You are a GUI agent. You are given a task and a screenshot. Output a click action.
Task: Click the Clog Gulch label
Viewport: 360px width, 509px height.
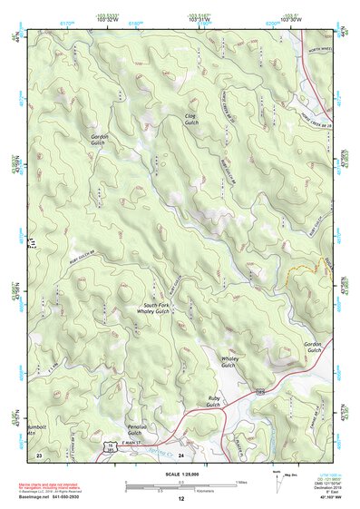(x=190, y=119)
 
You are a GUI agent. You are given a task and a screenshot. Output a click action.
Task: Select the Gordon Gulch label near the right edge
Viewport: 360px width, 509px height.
(x=313, y=348)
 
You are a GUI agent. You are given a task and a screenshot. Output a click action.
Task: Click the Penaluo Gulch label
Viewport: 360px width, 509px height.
(x=135, y=429)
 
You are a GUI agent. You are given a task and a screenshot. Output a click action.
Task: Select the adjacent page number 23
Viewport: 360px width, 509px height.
(x=39, y=454)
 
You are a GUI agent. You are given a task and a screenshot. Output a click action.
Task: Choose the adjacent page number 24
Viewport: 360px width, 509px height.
(x=181, y=454)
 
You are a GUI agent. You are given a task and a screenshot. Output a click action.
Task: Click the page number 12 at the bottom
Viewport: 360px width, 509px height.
(x=180, y=500)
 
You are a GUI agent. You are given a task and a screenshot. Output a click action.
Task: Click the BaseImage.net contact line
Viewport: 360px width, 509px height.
(x=54, y=497)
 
